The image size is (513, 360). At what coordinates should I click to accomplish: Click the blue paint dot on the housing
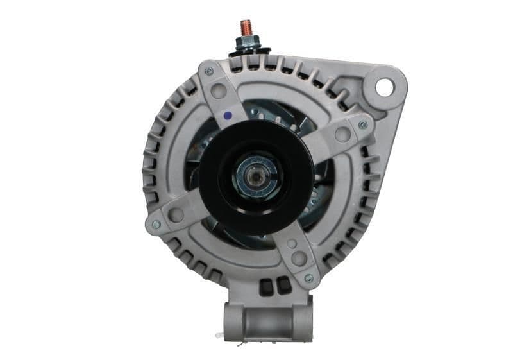(227, 116)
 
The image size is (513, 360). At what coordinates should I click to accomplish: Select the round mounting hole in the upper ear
(383, 86)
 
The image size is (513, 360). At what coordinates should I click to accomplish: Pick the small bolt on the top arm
(209, 72)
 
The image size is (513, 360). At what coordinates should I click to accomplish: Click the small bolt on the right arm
(363, 124)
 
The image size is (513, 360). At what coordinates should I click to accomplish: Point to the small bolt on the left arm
(156, 225)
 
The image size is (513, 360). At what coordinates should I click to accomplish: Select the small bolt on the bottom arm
(309, 278)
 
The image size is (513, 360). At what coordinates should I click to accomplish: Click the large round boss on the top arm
(219, 91)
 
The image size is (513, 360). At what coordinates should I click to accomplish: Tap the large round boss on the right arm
(342, 135)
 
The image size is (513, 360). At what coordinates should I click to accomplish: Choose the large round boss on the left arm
(176, 215)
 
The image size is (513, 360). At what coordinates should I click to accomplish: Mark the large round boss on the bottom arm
(299, 259)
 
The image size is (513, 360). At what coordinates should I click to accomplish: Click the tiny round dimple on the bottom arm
(292, 244)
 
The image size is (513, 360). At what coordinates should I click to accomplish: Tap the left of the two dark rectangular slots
(265, 286)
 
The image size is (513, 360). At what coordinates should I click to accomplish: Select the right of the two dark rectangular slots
(282, 286)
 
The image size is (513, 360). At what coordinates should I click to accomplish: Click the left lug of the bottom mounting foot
(233, 318)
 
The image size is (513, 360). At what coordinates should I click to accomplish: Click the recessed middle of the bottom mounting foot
(267, 321)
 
